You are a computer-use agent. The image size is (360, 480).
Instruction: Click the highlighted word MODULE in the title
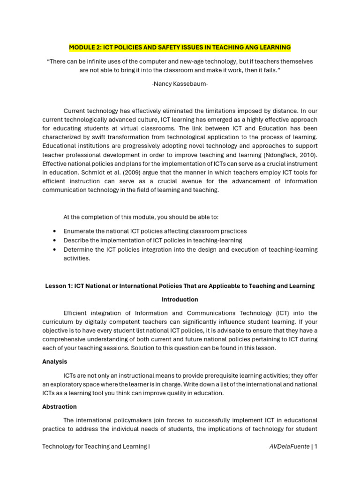(x=82, y=48)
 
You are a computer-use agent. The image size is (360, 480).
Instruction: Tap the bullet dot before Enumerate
(x=55, y=232)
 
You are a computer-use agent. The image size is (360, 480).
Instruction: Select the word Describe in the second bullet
(x=76, y=240)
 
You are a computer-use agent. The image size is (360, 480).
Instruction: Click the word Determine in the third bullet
(x=78, y=249)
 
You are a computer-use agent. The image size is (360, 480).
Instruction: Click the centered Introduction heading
(x=180, y=300)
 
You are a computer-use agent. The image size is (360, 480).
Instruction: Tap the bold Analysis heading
(x=55, y=362)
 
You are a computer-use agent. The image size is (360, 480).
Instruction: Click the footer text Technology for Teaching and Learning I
(x=96, y=447)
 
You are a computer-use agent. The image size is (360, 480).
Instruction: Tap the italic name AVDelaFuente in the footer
(x=289, y=447)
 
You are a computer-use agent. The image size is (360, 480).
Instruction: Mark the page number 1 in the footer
(x=316, y=447)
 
